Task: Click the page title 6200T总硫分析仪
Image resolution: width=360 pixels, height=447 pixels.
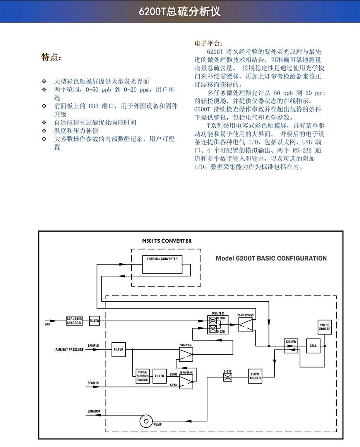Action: (x=180, y=11)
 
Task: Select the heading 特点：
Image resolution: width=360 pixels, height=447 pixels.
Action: (x=51, y=58)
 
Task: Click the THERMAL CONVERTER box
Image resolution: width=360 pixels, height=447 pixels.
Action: (x=162, y=259)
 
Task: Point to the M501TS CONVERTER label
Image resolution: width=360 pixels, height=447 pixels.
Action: (x=166, y=241)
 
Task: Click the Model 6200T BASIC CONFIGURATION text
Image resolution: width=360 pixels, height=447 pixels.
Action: (x=271, y=258)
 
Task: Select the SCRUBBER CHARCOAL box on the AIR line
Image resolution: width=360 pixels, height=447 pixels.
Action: (x=74, y=321)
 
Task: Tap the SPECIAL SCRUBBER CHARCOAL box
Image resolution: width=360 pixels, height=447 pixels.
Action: (x=142, y=376)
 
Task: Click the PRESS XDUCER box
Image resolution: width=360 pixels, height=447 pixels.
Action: (x=324, y=327)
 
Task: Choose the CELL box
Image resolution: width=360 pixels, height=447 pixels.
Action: (x=313, y=346)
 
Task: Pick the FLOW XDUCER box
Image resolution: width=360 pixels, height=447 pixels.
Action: (x=255, y=376)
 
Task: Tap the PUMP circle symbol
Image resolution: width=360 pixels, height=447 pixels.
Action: (x=146, y=421)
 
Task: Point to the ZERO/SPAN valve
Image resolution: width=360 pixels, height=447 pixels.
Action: (x=186, y=382)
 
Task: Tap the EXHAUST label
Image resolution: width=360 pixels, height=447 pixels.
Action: (x=94, y=411)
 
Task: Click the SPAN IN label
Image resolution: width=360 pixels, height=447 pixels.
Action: (x=93, y=383)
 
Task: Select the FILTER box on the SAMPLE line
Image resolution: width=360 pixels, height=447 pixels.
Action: (x=118, y=350)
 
